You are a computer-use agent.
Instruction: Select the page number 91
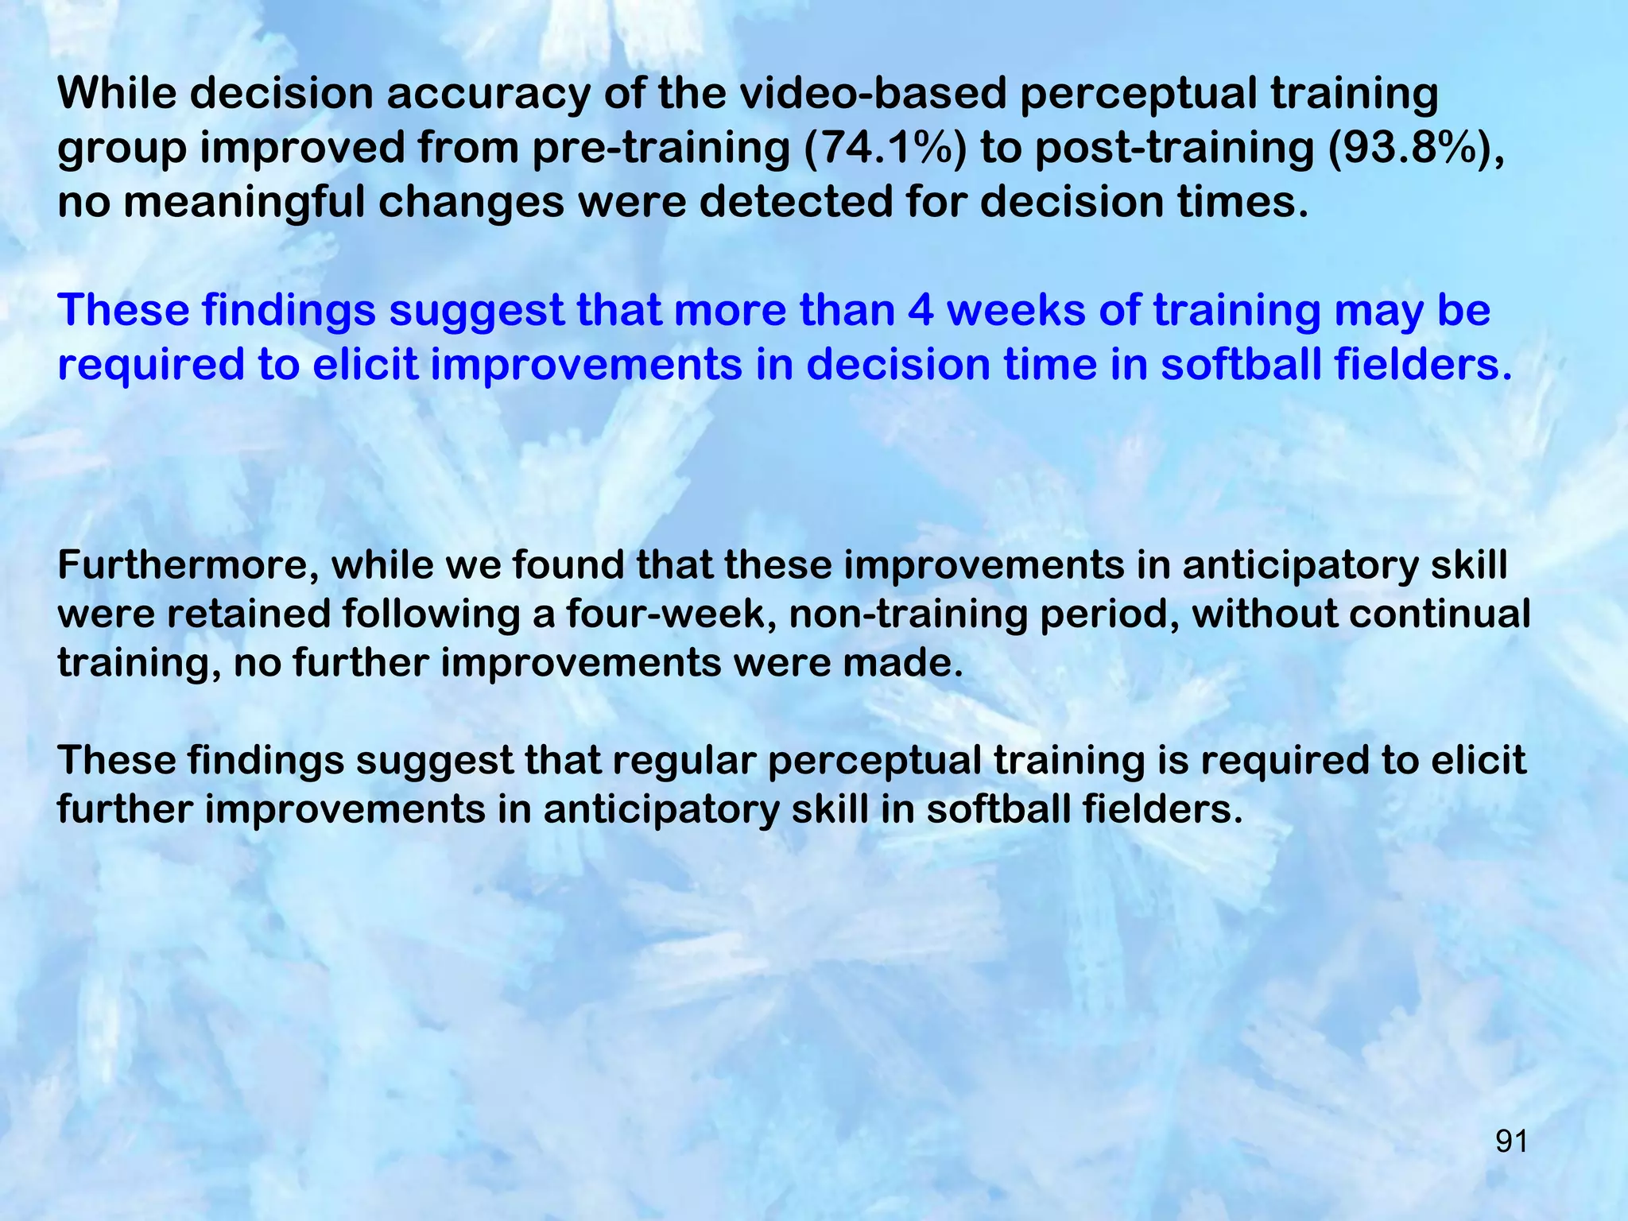tap(1511, 1142)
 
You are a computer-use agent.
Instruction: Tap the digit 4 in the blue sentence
tap(921, 310)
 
